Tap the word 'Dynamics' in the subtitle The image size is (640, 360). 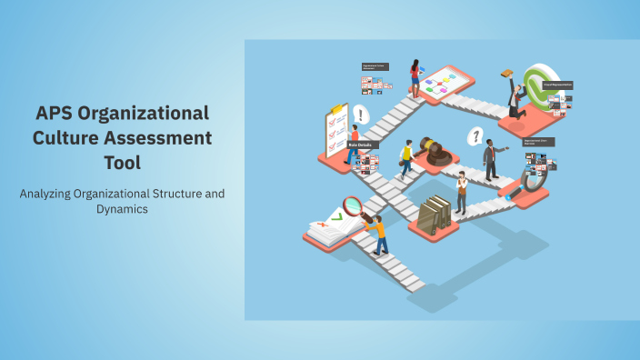click(x=123, y=209)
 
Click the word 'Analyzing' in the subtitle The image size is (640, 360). click(x=54, y=194)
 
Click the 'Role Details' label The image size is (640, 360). click(x=359, y=145)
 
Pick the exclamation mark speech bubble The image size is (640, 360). click(x=361, y=115)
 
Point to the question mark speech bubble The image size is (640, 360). click(x=474, y=137)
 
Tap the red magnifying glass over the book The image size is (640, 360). click(x=352, y=207)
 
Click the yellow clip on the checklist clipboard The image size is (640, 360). click(x=337, y=110)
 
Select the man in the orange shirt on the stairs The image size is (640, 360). click(x=377, y=235)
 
